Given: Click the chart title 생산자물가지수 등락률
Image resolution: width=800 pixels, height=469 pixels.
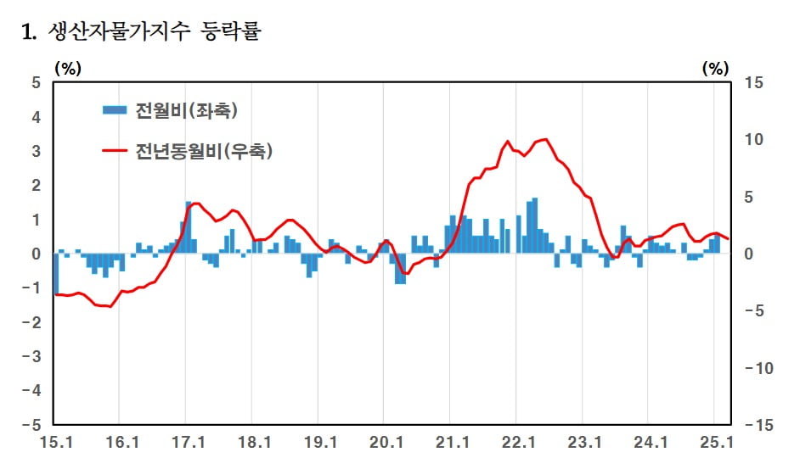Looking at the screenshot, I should coord(156,33).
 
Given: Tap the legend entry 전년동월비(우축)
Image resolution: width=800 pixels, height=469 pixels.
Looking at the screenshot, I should coord(204,151).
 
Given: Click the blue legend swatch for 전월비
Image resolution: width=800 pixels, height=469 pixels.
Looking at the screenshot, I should coord(115,110).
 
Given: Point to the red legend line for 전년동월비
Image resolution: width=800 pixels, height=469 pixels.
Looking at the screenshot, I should coord(115,151).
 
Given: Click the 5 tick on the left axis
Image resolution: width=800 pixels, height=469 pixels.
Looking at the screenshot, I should coord(35,82).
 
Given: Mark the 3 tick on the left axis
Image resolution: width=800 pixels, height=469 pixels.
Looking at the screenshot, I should coord(35,151).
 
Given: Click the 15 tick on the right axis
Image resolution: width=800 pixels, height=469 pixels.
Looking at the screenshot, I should coord(755,82).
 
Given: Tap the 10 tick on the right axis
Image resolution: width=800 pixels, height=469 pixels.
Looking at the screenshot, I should coord(755,139).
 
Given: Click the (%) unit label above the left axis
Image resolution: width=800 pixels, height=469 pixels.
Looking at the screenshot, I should coord(68,68).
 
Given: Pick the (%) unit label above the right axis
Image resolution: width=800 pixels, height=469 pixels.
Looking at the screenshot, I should coord(716,68).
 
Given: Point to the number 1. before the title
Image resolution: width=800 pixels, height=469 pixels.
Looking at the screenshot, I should coord(29,34).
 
